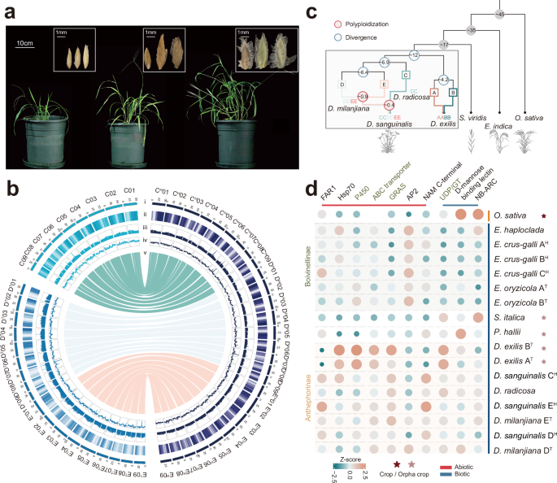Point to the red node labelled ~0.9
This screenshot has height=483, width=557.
point(365,96)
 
